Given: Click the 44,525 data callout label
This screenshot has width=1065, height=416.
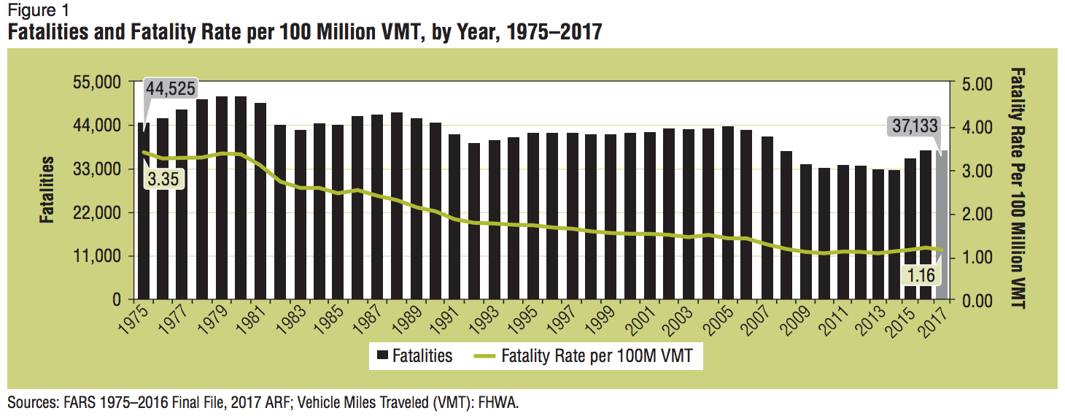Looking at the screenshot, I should (171, 89).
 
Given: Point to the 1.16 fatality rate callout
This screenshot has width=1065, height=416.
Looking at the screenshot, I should (921, 275).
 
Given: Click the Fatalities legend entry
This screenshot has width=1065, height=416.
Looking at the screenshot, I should (414, 356).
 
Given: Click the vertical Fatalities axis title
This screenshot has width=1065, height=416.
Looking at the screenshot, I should (46, 190).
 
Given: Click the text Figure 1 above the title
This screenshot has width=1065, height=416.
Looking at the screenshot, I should (33, 10).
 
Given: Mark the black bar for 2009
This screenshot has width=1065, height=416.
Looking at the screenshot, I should (805, 232).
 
